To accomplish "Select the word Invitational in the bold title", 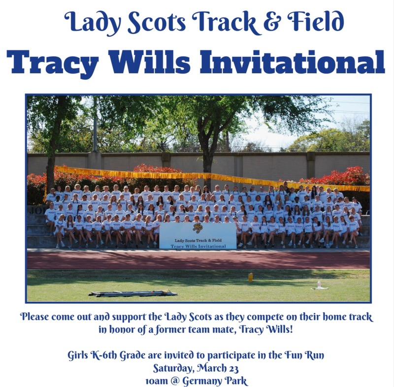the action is [x=293, y=62].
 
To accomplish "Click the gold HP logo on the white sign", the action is [x=198, y=228].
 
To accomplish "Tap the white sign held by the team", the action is [x=198, y=235].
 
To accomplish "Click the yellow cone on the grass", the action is [x=251, y=277].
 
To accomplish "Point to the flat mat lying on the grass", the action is [x=133, y=293].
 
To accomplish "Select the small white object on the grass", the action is [x=319, y=286].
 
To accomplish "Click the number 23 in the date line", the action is [x=233, y=368].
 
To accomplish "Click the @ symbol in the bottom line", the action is [x=175, y=381].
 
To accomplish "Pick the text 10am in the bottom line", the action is [x=157, y=381].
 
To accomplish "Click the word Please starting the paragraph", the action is [x=34, y=317].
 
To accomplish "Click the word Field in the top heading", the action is [x=316, y=21].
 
